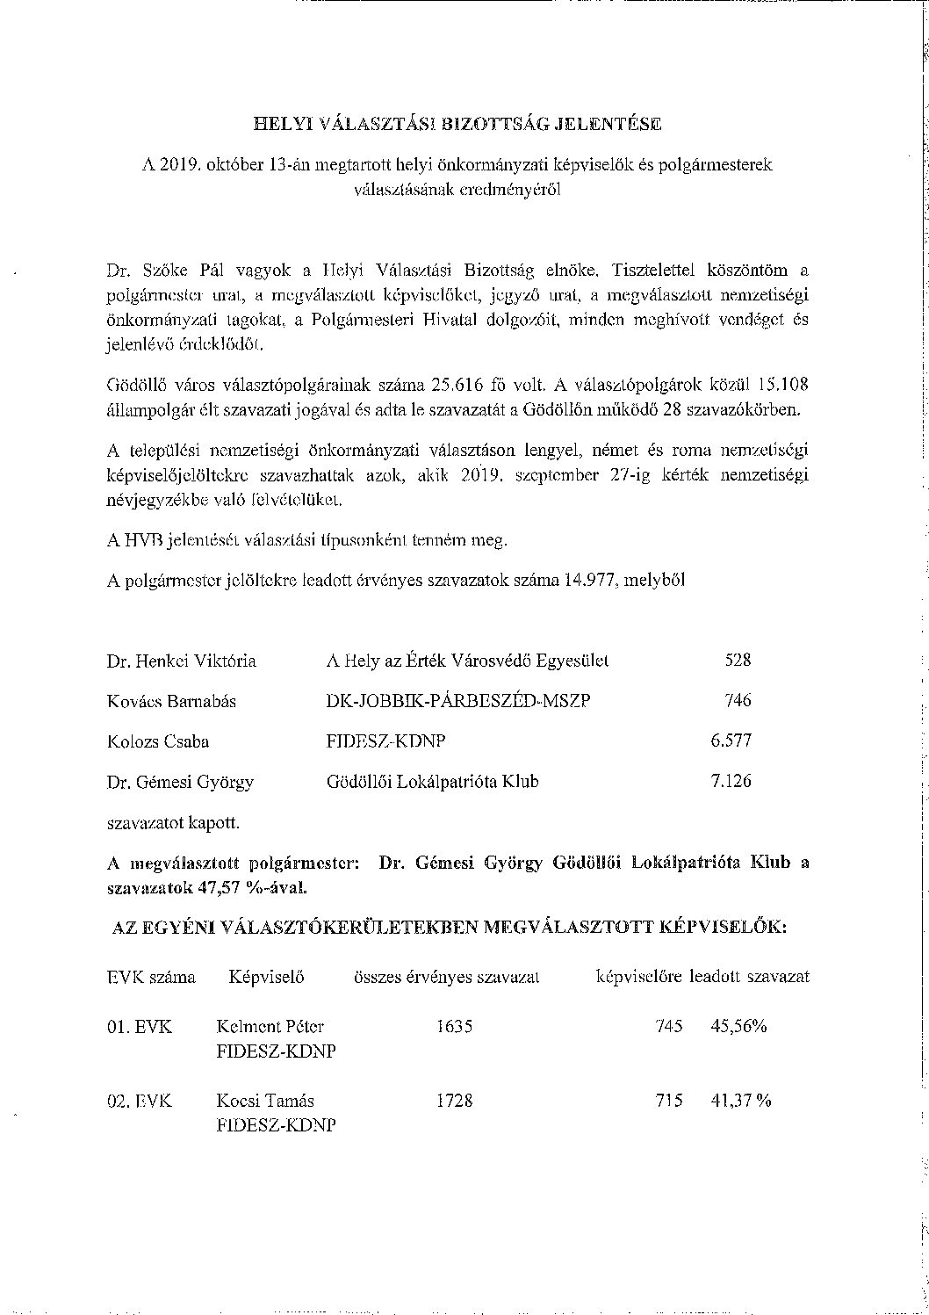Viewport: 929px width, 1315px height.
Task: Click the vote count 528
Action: (x=738, y=661)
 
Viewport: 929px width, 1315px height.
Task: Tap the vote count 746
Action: (x=738, y=701)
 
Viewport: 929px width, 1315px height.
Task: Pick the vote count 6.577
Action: (x=731, y=741)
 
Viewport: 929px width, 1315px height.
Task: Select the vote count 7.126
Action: (x=731, y=781)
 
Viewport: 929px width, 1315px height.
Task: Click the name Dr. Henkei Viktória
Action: (x=182, y=661)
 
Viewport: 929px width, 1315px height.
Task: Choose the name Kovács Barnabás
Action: (x=171, y=701)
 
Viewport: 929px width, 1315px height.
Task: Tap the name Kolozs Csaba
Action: (x=158, y=741)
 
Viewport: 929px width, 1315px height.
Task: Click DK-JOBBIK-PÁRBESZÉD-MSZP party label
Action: (x=457, y=701)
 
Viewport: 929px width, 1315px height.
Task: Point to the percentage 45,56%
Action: (x=738, y=1026)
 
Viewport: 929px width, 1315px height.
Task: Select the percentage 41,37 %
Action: (x=740, y=1101)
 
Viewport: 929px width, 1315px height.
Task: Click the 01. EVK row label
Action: (x=140, y=1026)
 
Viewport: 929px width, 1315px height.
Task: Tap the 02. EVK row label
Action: (x=140, y=1101)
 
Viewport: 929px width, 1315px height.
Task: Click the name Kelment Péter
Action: (x=270, y=1026)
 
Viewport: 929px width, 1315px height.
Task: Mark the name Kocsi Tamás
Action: (x=265, y=1101)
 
